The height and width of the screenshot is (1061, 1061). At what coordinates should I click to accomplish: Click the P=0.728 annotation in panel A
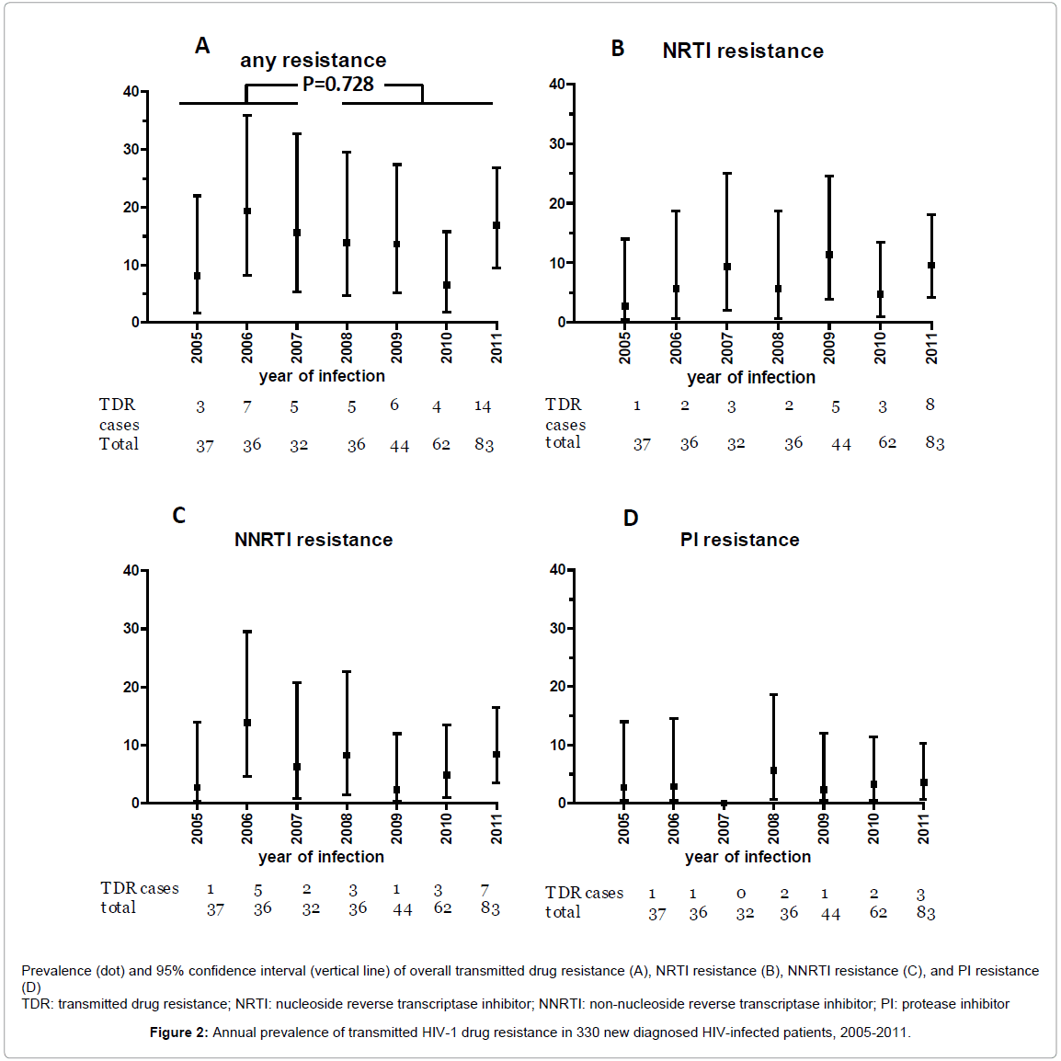[x=337, y=85]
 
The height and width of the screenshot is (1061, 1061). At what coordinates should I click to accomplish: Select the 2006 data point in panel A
[x=246, y=211]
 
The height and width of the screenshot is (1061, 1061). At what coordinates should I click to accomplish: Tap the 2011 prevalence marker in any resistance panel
[x=496, y=225]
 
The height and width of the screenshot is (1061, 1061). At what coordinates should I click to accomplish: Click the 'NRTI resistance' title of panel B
[x=743, y=51]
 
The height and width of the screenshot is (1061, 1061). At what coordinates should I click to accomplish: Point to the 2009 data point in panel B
[x=829, y=255]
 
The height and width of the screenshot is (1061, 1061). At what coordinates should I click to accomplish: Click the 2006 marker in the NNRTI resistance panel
[x=246, y=723]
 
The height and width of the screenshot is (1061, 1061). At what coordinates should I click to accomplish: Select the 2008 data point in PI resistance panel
[x=773, y=770]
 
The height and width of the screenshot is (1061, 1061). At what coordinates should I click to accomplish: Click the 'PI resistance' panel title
[x=739, y=540]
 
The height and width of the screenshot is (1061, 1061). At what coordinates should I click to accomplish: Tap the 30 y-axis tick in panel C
[x=131, y=629]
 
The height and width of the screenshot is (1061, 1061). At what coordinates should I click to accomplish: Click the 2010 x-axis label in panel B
[x=880, y=348]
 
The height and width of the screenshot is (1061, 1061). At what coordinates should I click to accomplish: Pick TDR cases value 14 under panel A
[x=483, y=406]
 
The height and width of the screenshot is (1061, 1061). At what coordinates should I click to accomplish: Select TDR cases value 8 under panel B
[x=930, y=405]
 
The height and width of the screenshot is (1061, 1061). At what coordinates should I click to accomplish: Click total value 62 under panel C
[x=443, y=908]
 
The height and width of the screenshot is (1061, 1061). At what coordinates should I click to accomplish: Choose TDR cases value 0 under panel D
[x=741, y=894]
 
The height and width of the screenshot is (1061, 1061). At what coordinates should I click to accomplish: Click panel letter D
[x=631, y=519]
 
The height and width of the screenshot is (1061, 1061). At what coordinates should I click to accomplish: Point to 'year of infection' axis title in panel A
[x=322, y=376]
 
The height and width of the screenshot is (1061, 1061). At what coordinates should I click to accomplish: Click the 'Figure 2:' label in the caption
[x=178, y=1032]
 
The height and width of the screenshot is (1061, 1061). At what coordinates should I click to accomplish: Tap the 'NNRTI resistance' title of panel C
[x=314, y=540]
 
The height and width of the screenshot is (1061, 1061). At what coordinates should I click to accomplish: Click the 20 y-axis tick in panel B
[x=557, y=203]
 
